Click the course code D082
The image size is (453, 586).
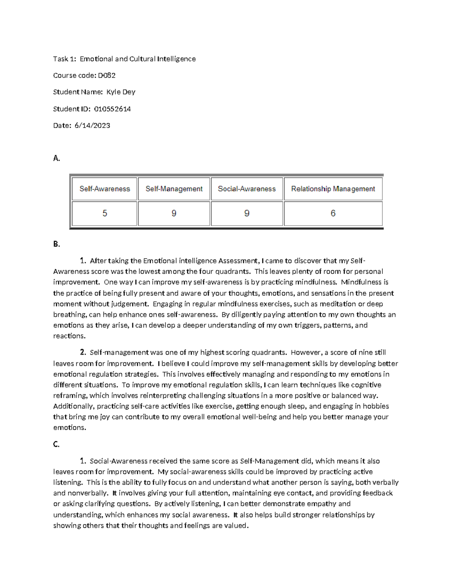[x=106, y=75]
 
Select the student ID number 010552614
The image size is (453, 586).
[x=112, y=109]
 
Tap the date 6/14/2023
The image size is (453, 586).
[x=92, y=126]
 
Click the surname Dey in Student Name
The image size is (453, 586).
[x=128, y=92]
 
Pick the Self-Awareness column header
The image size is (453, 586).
[x=105, y=189]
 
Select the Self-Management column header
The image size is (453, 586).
[x=174, y=189]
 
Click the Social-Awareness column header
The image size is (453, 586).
[x=247, y=189]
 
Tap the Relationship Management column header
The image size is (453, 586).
[x=333, y=189]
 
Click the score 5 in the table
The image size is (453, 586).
[x=105, y=214]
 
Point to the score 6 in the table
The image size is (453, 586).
[x=333, y=214]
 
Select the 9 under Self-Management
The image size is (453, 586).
[x=174, y=214]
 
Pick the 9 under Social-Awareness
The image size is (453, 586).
[x=247, y=214]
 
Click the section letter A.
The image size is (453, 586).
[x=57, y=158]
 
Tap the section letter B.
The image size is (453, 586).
[x=57, y=244]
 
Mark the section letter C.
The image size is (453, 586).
[x=56, y=444]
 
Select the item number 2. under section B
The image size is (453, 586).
[x=83, y=352]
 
